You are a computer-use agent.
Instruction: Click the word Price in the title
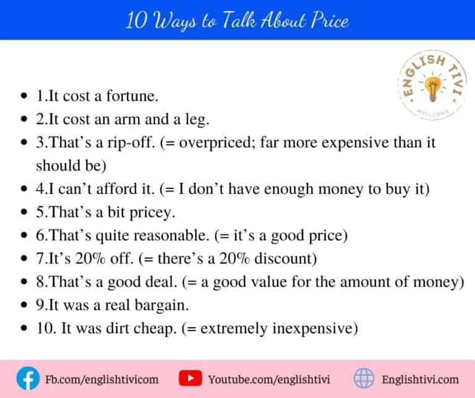326,21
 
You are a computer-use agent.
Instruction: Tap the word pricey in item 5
156,212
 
